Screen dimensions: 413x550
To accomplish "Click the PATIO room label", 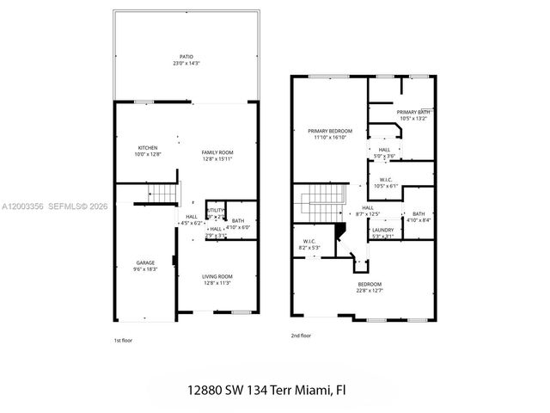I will (x=186, y=57).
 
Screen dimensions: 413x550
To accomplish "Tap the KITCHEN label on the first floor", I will (x=148, y=147).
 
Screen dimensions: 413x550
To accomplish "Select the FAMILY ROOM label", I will (x=217, y=152).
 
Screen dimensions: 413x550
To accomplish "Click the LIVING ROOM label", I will (x=217, y=276).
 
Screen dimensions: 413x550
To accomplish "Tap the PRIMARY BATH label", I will (x=412, y=113).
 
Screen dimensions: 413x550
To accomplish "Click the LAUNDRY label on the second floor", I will (x=382, y=230).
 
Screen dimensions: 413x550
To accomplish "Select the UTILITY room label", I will (x=216, y=210).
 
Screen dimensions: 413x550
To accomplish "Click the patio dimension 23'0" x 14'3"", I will (x=186, y=64).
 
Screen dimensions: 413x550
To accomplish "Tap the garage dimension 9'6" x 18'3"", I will (x=146, y=269).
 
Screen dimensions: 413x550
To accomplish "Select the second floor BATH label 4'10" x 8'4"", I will (x=419, y=214).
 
